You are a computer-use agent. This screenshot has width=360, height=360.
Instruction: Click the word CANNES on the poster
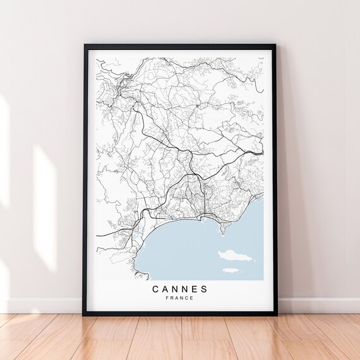tap(180, 289)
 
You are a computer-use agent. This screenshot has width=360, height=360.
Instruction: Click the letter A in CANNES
tap(165, 289)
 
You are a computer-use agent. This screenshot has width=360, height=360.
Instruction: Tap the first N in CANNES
tap(175, 289)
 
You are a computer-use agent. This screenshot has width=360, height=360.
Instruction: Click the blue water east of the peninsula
tap(249, 227)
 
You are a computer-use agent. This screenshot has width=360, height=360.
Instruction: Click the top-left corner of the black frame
tap(85, 45)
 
